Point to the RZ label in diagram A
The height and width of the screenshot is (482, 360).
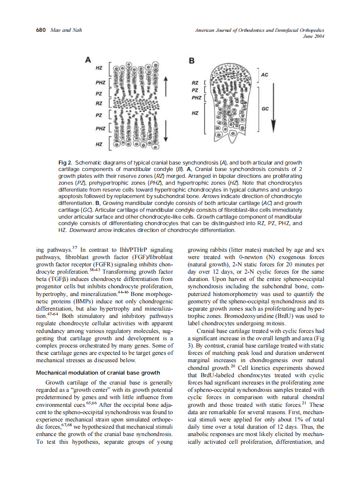pos(99,104)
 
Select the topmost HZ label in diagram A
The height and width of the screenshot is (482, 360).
pos(99,68)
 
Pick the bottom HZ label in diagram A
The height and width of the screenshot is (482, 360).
pos(99,144)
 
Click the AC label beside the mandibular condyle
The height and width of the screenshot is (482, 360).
pos(264,75)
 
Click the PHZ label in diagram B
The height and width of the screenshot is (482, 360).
pos(196,98)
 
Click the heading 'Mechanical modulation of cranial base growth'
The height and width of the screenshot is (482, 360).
pos(98,372)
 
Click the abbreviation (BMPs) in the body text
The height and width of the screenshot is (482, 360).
pos(81,302)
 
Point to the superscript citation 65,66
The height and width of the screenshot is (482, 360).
pos(92,403)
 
